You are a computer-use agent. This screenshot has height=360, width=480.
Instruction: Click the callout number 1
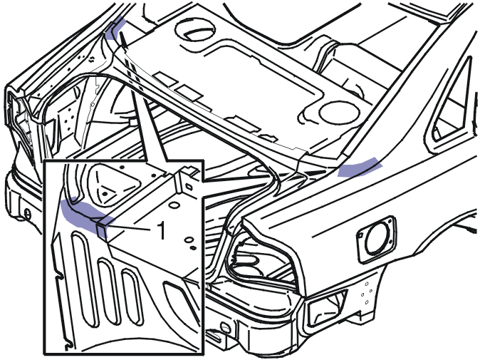161,230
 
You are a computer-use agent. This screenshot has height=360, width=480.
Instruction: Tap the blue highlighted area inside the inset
85,216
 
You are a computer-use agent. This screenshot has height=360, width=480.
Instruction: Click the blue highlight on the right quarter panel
360,168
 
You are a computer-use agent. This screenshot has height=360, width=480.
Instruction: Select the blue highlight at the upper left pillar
115,29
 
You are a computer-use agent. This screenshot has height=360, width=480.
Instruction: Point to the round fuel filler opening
376,240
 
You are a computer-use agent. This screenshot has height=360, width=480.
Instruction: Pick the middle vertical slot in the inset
108,291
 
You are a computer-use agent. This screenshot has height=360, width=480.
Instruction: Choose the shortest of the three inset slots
132,297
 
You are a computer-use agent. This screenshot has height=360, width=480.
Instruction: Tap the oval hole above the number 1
174,205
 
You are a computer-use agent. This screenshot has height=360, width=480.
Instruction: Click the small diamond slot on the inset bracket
189,187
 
